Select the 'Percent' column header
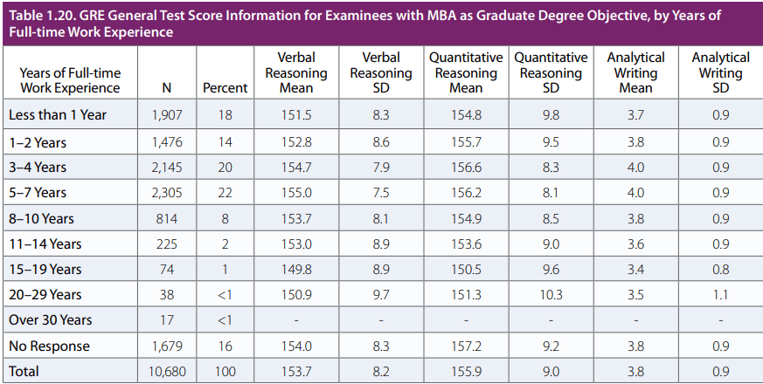[x=225, y=88]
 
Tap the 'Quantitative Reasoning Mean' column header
[x=466, y=72]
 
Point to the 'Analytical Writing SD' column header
[x=720, y=72]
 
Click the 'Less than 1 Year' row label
[x=58, y=115]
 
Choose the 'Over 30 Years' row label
[x=51, y=320]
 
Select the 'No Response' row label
[x=49, y=346]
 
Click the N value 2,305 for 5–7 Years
[x=169, y=192]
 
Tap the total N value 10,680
[x=166, y=372]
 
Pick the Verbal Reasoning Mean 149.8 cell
[x=295, y=269]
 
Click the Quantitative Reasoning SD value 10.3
[x=551, y=295]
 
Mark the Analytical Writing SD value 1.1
[x=720, y=295]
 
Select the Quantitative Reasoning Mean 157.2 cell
[x=466, y=346]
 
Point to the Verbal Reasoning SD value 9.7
[x=380, y=295]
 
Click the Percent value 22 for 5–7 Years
[x=225, y=192]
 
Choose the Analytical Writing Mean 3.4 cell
[x=635, y=269]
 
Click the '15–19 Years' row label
[x=45, y=269]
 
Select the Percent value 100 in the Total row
[x=225, y=372]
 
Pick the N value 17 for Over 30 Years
[x=169, y=320]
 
